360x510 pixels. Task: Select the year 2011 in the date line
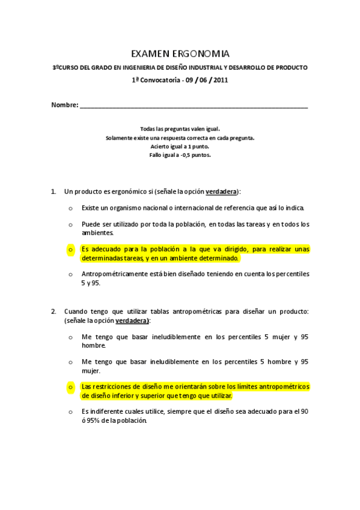(x=221, y=79)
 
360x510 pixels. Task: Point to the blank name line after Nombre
(x=193, y=106)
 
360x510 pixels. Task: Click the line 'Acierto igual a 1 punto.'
(x=180, y=146)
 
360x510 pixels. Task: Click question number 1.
(x=53, y=191)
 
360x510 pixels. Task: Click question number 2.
(x=53, y=311)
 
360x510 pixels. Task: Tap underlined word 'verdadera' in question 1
(x=221, y=191)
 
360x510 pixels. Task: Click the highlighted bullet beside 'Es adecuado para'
(x=70, y=249)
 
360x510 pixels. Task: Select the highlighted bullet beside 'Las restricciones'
(x=70, y=387)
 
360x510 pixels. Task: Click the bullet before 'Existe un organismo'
(x=70, y=208)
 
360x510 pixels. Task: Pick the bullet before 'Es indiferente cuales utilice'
(x=70, y=412)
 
